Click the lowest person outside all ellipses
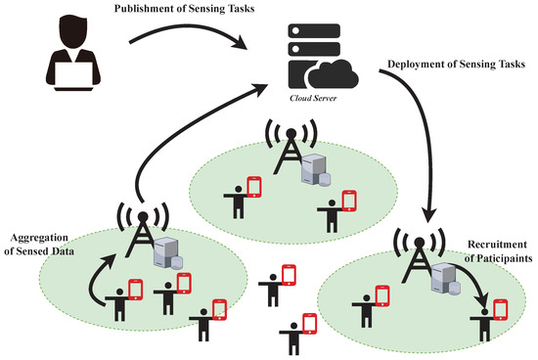click(x=294, y=335)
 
